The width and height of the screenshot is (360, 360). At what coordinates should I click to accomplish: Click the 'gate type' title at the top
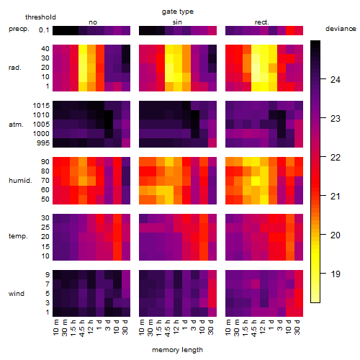pyautogui.click(x=178, y=12)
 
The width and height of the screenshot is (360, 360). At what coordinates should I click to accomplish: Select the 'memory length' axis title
pyautogui.click(x=177, y=350)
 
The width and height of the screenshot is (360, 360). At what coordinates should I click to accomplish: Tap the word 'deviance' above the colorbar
pyautogui.click(x=341, y=29)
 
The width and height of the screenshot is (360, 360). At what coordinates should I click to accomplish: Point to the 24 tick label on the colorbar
pyautogui.click(x=336, y=79)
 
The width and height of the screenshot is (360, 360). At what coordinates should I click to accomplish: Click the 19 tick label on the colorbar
pyautogui.click(x=336, y=274)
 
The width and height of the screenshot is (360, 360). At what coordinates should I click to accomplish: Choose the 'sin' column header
pyautogui.click(x=177, y=22)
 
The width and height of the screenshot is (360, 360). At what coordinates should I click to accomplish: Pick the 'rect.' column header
pyautogui.click(x=261, y=22)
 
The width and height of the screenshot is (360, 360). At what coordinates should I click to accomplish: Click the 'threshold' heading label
pyautogui.click(x=40, y=17)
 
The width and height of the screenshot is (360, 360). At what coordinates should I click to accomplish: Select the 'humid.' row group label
pyautogui.click(x=20, y=181)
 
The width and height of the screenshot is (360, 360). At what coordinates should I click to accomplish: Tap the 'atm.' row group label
pyautogui.click(x=16, y=125)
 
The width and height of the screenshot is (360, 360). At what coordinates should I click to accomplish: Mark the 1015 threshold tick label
pyautogui.click(x=41, y=106)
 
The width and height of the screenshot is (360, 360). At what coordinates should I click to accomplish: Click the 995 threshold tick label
pyautogui.click(x=43, y=143)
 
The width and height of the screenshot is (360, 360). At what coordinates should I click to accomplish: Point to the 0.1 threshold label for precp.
pyautogui.click(x=44, y=30)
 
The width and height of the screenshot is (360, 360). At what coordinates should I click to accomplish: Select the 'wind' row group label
pyautogui.click(x=17, y=294)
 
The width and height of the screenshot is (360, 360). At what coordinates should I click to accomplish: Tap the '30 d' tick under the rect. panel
pyautogui.click(x=297, y=327)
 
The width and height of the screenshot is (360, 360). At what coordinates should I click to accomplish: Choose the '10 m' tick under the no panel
pyautogui.click(x=55, y=328)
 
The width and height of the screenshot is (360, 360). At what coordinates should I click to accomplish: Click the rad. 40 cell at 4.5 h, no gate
pyautogui.click(x=83, y=50)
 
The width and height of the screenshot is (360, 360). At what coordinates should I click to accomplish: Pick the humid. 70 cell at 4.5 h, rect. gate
pyautogui.click(x=256, y=181)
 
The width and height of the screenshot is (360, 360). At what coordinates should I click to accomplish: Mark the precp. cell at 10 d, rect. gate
pyautogui.click(x=290, y=30)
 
